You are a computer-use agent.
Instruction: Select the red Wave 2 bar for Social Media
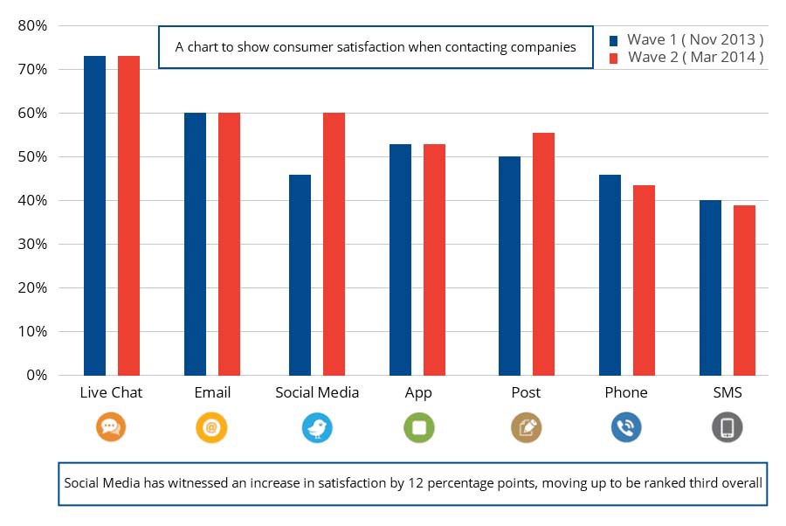pyautogui.click(x=334, y=244)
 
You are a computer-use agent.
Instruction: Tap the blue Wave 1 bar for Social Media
pyautogui.click(x=300, y=274)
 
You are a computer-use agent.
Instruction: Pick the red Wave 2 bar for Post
pyautogui.click(x=543, y=253)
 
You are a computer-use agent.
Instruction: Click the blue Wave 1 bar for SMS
pyautogui.click(x=710, y=287)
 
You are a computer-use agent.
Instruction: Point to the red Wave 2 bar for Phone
pyautogui.click(x=644, y=280)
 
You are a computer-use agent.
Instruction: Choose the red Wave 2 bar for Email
pyautogui.click(x=229, y=244)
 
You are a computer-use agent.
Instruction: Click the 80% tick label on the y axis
pyautogui.click(x=32, y=25)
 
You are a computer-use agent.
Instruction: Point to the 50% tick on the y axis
pyautogui.click(x=32, y=157)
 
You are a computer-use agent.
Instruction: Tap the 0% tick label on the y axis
pyautogui.click(x=37, y=376)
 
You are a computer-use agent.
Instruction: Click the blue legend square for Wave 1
pyautogui.click(x=613, y=40)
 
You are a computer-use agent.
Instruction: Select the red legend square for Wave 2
pyautogui.click(x=613, y=58)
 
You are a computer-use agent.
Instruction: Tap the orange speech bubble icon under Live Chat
pyautogui.click(x=111, y=427)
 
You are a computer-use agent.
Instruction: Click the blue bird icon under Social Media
pyautogui.click(x=317, y=427)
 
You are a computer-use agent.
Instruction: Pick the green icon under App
pyautogui.click(x=419, y=427)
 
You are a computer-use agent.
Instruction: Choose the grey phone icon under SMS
pyautogui.click(x=727, y=427)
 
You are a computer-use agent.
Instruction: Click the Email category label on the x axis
pyautogui.click(x=212, y=392)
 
